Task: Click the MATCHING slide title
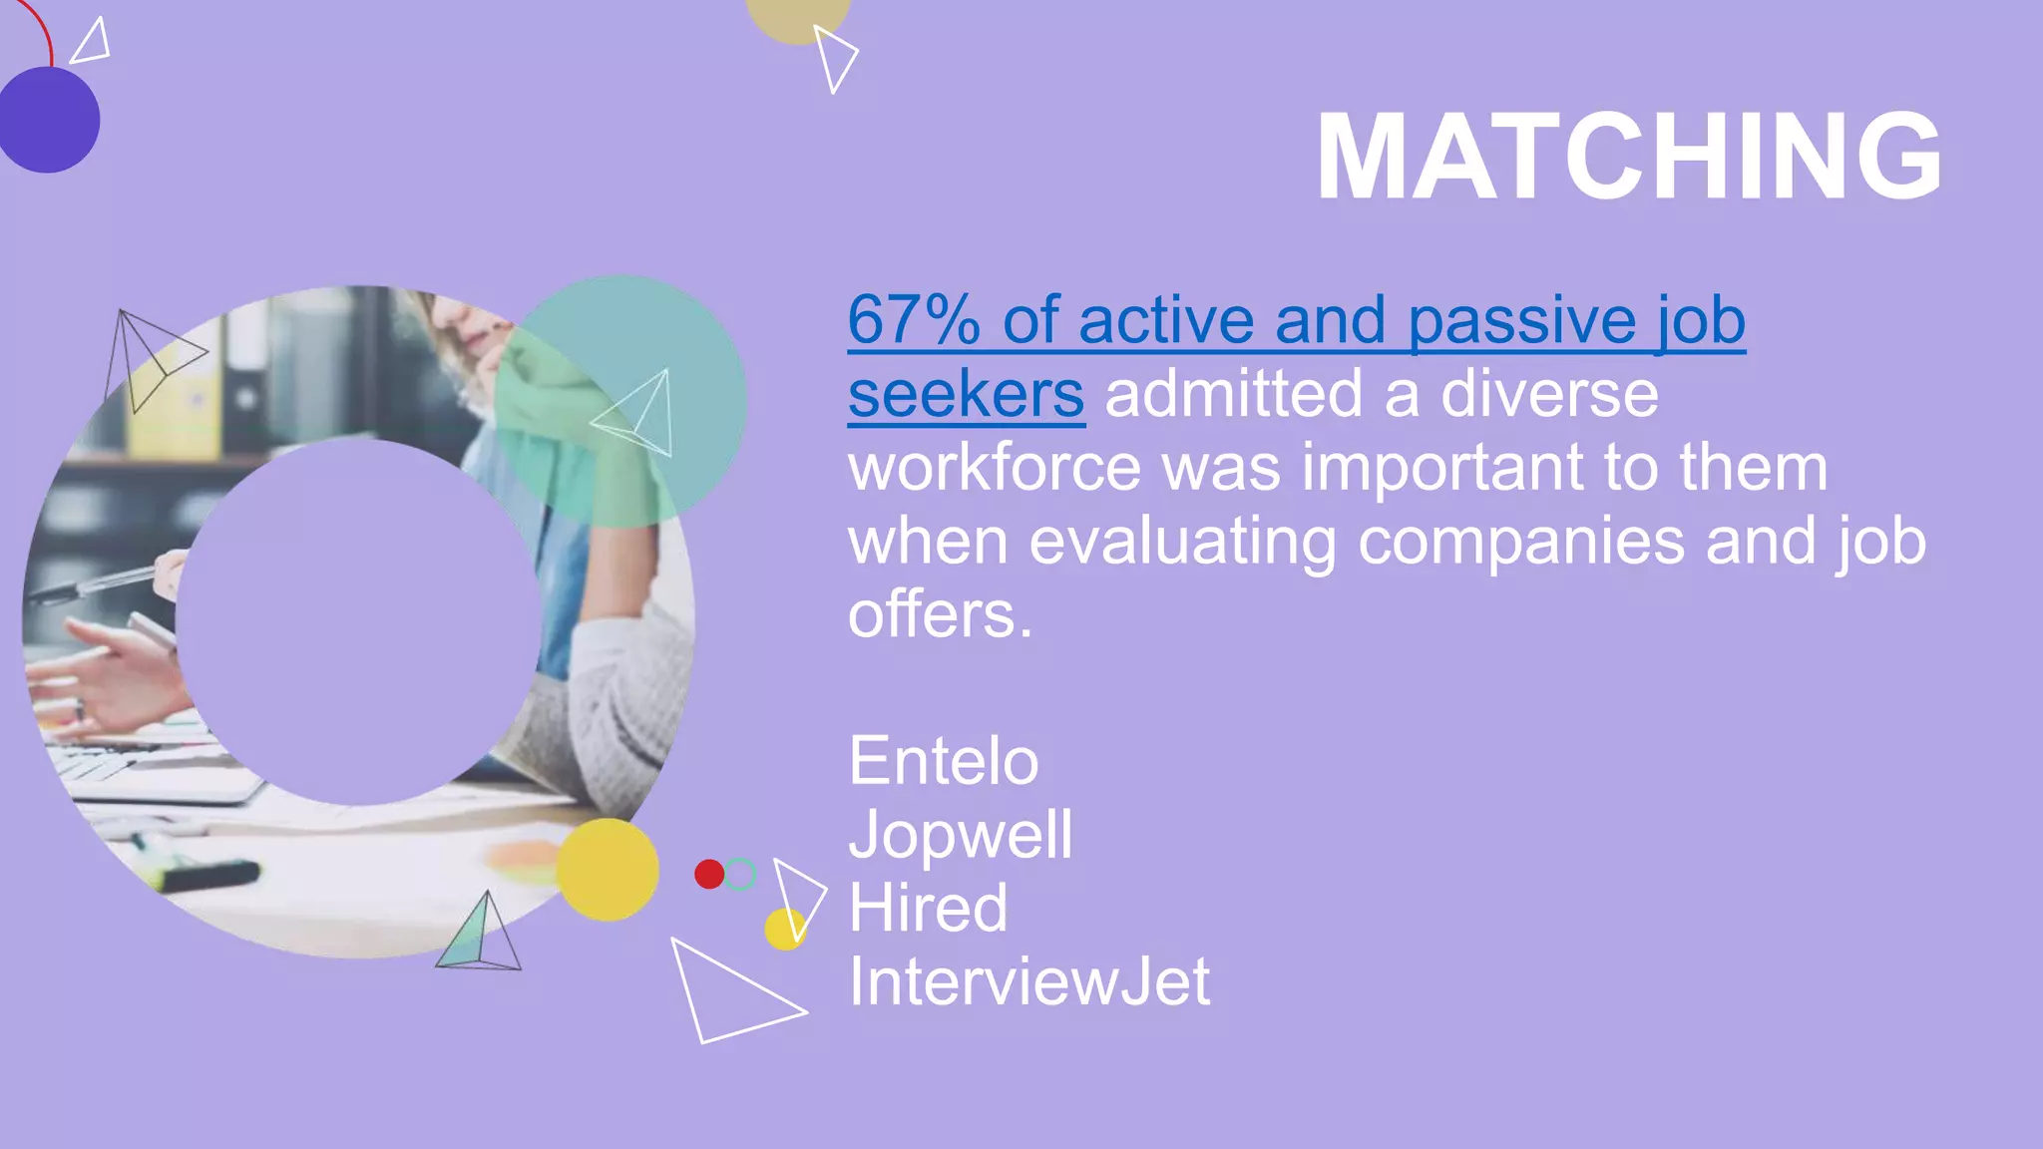1628,157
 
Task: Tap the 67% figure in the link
913,321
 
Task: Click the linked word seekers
966,395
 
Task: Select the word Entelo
943,762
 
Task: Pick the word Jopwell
960,835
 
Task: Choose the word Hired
928,909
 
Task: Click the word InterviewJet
1028,982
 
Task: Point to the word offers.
939,615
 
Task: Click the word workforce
994,468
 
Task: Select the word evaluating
1181,542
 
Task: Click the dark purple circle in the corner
48,120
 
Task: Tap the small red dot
709,875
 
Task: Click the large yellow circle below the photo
607,870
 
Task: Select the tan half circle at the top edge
797,18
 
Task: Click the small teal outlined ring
740,875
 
